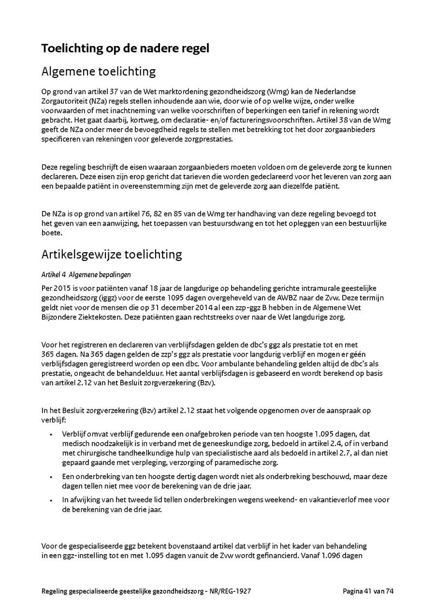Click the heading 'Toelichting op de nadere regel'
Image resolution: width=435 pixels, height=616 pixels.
pos(125,48)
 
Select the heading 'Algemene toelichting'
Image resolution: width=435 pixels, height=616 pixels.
pos(99,72)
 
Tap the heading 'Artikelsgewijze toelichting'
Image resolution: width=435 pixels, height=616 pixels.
pos(112,254)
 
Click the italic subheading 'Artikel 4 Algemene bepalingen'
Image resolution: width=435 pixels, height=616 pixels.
pos(86,274)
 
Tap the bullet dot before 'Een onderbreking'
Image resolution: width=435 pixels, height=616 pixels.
pos(51,477)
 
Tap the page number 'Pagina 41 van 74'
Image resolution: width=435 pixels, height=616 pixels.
pos(368,591)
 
